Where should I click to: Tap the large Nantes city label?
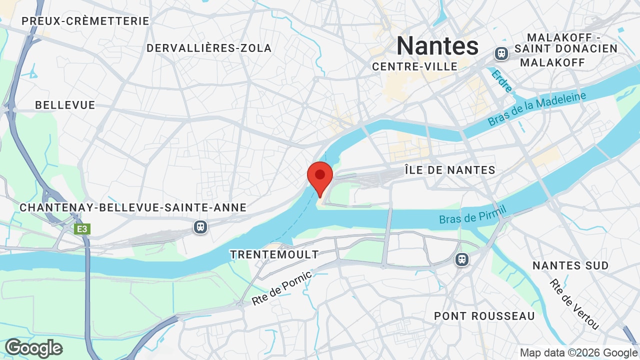tap(437, 46)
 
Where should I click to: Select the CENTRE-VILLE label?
tap(415, 66)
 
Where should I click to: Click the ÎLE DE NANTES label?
tap(450, 170)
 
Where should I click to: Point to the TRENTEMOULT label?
tap(274, 254)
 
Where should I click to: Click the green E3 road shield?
tap(82, 229)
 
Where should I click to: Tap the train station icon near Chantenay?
tap(200, 227)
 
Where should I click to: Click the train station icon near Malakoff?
tap(501, 53)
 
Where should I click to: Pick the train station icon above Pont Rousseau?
tap(462, 259)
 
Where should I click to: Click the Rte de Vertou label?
tap(574, 304)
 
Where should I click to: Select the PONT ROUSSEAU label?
tap(484, 316)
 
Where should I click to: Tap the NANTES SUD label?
tap(570, 265)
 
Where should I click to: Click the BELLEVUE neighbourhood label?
tap(65, 105)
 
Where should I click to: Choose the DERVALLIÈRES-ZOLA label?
tap(209, 48)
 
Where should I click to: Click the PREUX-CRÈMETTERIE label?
tap(85, 21)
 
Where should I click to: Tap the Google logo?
tap(34, 348)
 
